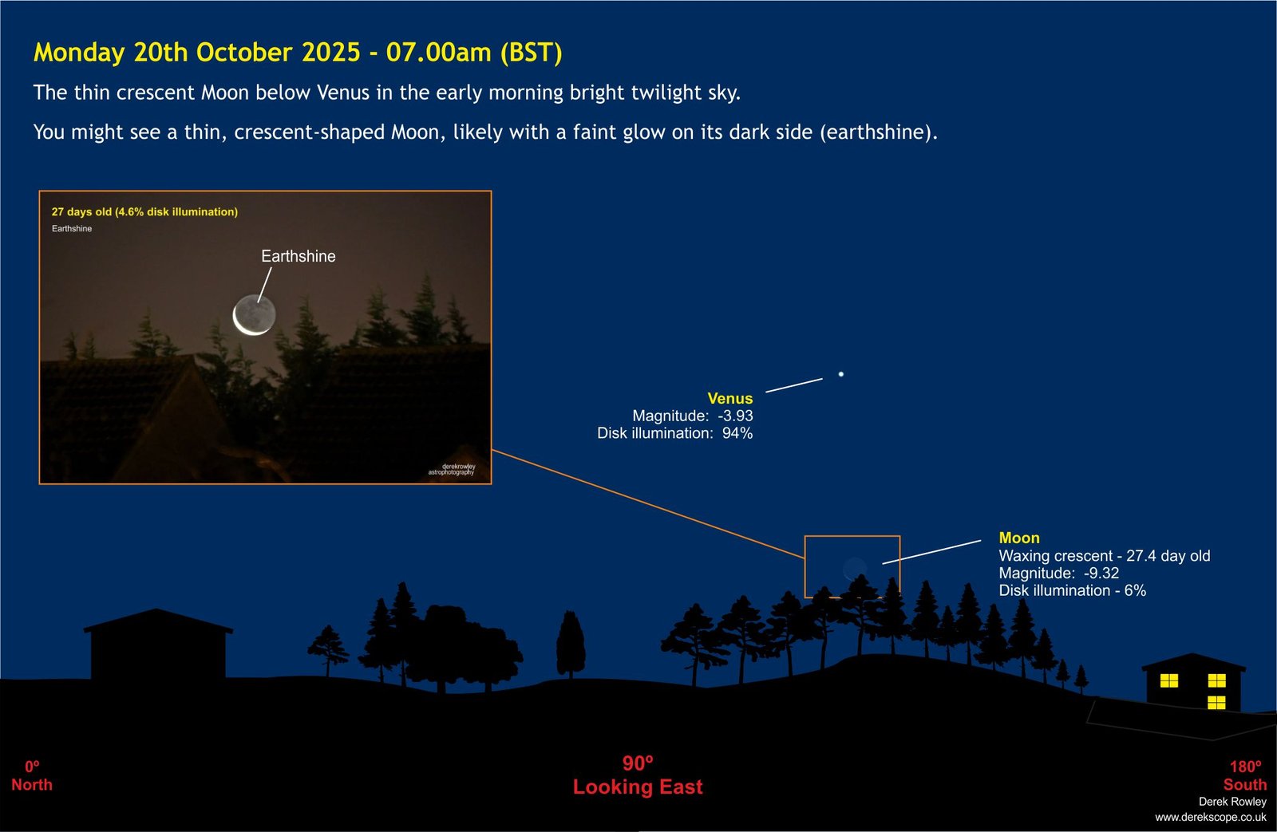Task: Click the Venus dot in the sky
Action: coord(841,374)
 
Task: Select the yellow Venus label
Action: coord(729,398)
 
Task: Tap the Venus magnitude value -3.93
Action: coord(735,416)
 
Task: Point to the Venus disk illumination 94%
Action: coord(737,433)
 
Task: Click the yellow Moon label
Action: coord(1019,538)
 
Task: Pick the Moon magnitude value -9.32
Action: coord(1101,573)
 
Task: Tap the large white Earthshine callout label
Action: coord(298,256)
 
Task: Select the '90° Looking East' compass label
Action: coord(638,775)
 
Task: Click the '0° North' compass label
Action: coord(32,776)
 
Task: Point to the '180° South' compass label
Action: coord(1245,776)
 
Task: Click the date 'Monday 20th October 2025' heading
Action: coord(197,53)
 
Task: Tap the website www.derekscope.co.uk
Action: coord(1211,817)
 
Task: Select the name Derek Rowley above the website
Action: coord(1232,802)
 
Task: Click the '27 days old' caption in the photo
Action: coord(81,212)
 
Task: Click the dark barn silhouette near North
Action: coord(158,644)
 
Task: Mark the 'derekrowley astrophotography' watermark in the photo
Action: coord(452,470)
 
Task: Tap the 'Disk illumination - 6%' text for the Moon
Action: coord(1073,590)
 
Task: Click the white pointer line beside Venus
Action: coord(794,385)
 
